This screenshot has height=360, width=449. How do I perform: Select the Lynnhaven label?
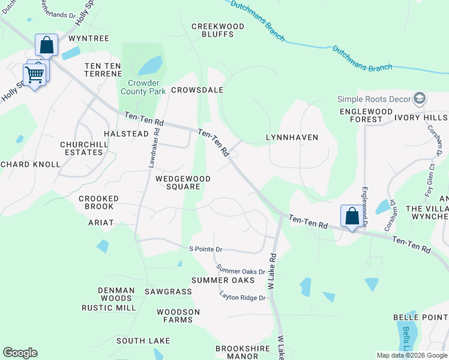(x=292, y=137)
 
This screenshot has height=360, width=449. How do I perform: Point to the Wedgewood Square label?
(x=183, y=182)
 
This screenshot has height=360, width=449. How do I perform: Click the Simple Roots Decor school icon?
(x=420, y=98)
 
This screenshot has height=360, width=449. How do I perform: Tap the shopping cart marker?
(x=34, y=74)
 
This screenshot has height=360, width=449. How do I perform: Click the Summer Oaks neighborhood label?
(x=223, y=280)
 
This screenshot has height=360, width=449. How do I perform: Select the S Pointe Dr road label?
(x=206, y=249)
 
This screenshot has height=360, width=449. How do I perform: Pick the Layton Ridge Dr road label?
(x=243, y=297)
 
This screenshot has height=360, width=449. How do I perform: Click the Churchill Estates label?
(x=82, y=148)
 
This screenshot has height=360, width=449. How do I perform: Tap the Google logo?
(x=20, y=353)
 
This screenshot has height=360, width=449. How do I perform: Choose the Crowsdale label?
(x=197, y=90)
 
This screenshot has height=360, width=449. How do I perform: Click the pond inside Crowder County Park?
(x=150, y=64)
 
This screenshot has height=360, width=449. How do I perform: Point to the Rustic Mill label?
(x=109, y=308)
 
